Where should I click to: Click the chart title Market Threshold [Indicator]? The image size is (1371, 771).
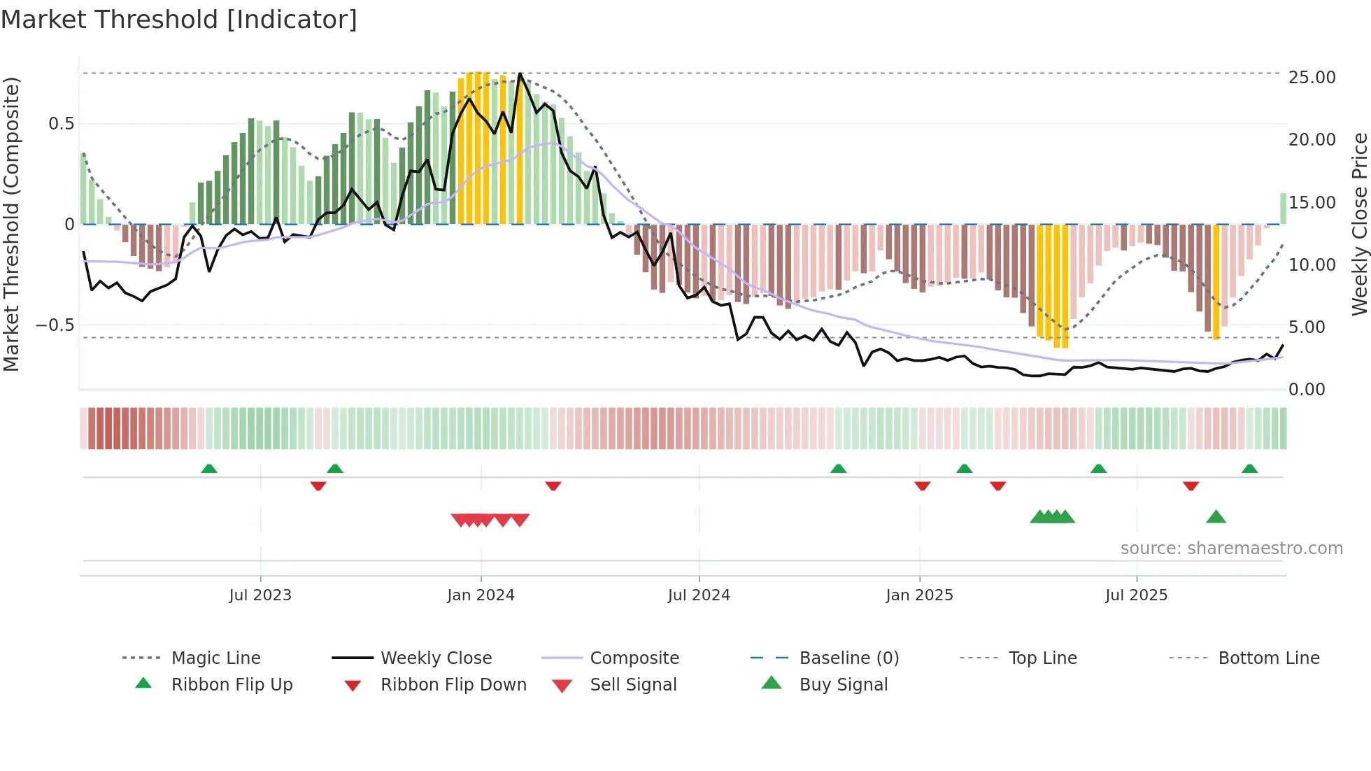(179, 20)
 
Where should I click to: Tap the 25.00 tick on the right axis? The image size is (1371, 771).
(1312, 78)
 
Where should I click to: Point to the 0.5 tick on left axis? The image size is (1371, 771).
(61, 124)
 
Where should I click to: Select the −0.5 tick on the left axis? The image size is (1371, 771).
(55, 325)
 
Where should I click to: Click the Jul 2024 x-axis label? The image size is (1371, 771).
(698, 595)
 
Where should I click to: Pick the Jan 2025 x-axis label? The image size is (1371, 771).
(918, 595)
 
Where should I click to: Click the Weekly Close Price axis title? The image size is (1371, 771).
(1359, 224)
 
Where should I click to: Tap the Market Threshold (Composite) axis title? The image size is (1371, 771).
(11, 224)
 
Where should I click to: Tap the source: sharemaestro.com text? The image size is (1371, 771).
(1231, 549)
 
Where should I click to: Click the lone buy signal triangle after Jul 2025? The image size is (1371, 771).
(1216, 518)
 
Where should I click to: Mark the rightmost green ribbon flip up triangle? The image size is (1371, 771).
(1249, 469)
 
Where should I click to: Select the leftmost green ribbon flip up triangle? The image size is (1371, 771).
(208, 469)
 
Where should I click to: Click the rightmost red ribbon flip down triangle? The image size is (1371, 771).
(1191, 486)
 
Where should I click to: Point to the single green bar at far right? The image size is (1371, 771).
(1283, 208)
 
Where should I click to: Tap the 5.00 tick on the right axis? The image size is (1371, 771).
(1306, 327)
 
